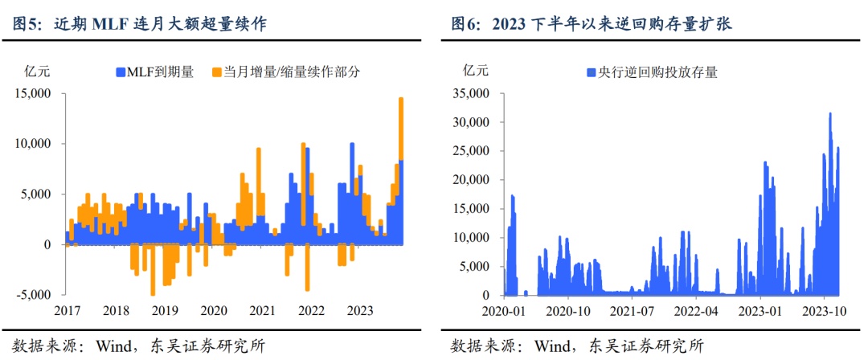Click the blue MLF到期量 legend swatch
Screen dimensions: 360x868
coord(120,72)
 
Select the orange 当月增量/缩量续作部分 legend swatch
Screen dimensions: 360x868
coord(216,72)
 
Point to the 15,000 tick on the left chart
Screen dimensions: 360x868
coord(33,93)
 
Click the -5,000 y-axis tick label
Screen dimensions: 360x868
coord(33,295)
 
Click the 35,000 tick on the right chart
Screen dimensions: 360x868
coord(472,93)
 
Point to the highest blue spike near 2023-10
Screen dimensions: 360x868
coord(829,114)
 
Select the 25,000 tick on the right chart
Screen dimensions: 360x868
coord(472,151)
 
